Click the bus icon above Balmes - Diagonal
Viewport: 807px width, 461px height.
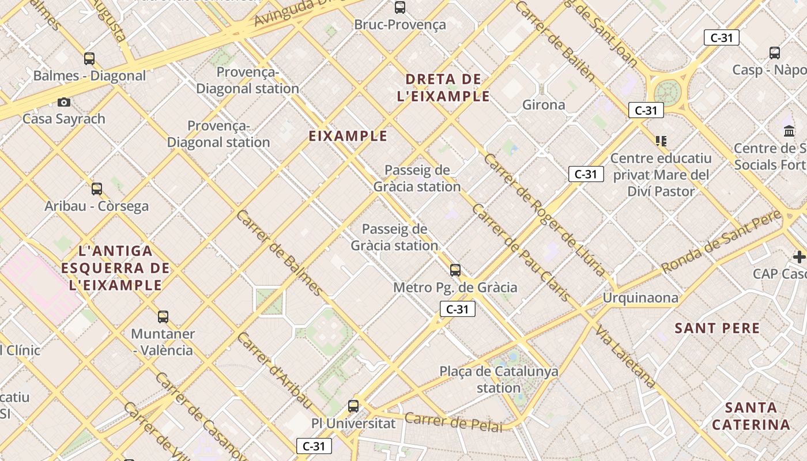(89, 58)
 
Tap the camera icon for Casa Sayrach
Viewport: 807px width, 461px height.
(64, 103)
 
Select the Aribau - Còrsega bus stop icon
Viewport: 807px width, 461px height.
(97, 188)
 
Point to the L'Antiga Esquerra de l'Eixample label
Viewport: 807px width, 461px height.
(115, 268)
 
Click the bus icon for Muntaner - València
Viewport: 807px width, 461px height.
(163, 316)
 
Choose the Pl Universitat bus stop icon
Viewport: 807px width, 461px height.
(353, 406)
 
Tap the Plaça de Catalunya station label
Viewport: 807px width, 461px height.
(499, 379)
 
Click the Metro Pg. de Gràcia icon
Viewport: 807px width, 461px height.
(455, 270)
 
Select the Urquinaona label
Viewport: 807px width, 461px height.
(640, 298)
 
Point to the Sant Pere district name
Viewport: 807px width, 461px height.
(717, 328)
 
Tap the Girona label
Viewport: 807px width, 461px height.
(544, 105)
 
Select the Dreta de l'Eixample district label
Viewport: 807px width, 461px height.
(443, 88)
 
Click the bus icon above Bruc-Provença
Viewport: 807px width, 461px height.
(399, 7)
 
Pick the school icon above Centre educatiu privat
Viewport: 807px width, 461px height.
(661, 141)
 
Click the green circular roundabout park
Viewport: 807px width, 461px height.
(668, 91)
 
